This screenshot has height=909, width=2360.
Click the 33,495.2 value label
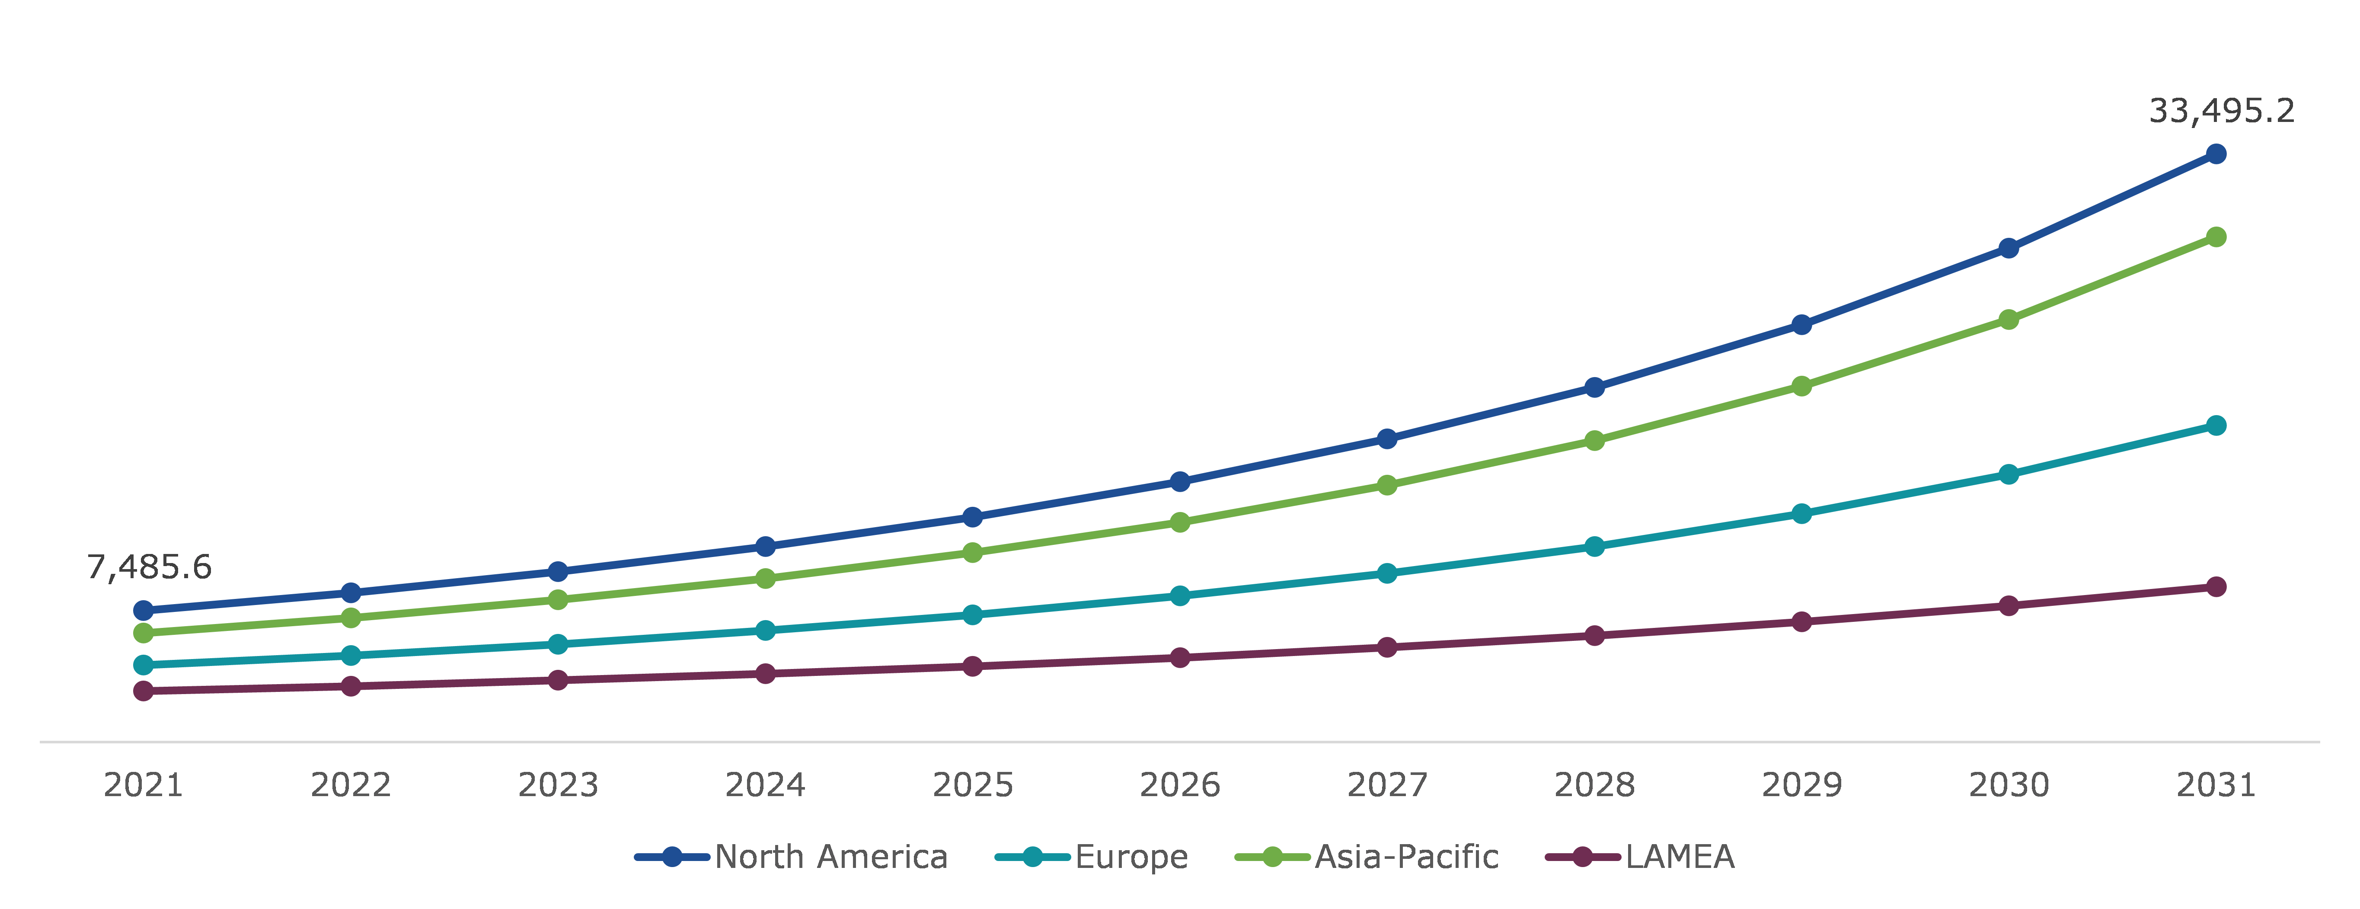pos(2222,111)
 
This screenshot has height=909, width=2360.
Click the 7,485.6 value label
pos(149,567)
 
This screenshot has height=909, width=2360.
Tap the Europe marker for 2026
pos(1180,595)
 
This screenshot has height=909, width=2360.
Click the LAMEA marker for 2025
pos(973,666)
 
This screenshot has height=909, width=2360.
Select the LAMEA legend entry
pos(1640,857)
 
